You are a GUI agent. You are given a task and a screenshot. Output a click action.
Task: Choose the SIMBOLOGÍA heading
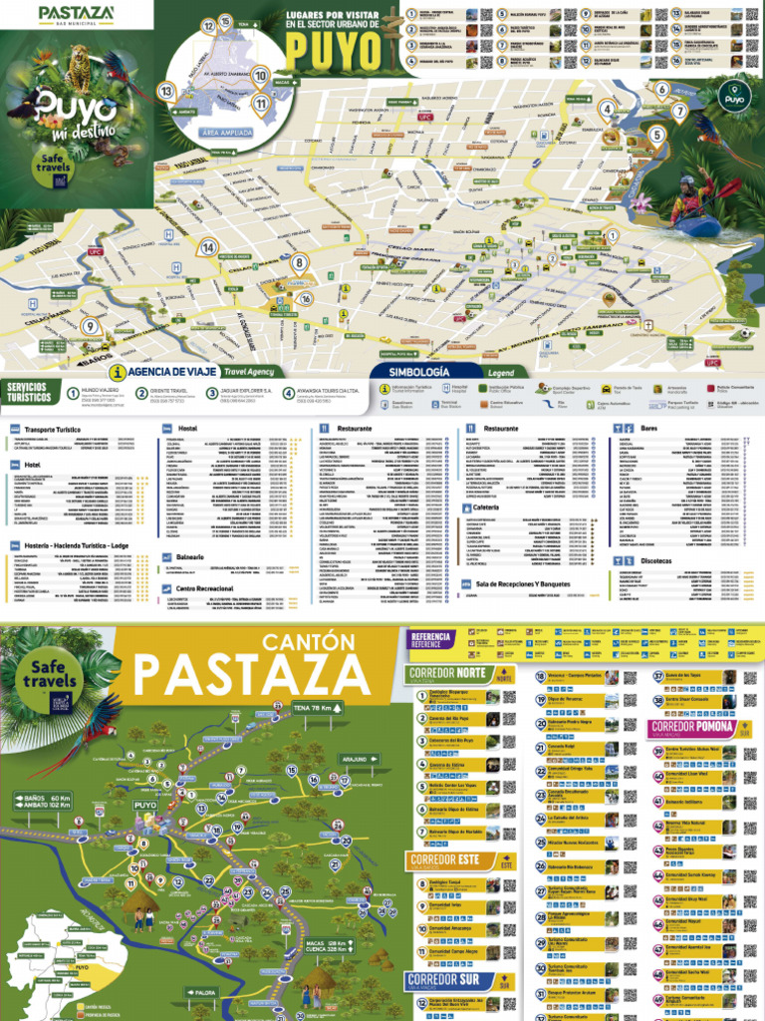coord(409,372)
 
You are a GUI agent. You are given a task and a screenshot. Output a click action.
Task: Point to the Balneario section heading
coord(189,556)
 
